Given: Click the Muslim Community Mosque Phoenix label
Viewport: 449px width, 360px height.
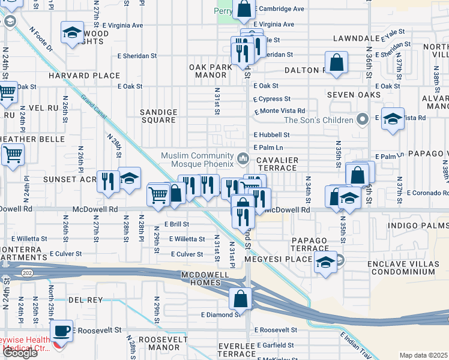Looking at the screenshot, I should click(196, 160).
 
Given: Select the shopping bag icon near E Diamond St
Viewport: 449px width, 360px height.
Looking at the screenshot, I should click(240, 298).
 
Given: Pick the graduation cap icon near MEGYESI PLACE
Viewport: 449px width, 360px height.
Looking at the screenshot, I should click(325, 262).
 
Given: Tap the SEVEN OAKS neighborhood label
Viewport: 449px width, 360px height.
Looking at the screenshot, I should click(354, 95).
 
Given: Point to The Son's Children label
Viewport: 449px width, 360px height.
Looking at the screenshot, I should click(317, 119).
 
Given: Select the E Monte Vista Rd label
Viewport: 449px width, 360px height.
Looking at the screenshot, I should click(280, 111).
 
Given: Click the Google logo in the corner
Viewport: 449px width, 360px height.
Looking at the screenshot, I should click(20, 352).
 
